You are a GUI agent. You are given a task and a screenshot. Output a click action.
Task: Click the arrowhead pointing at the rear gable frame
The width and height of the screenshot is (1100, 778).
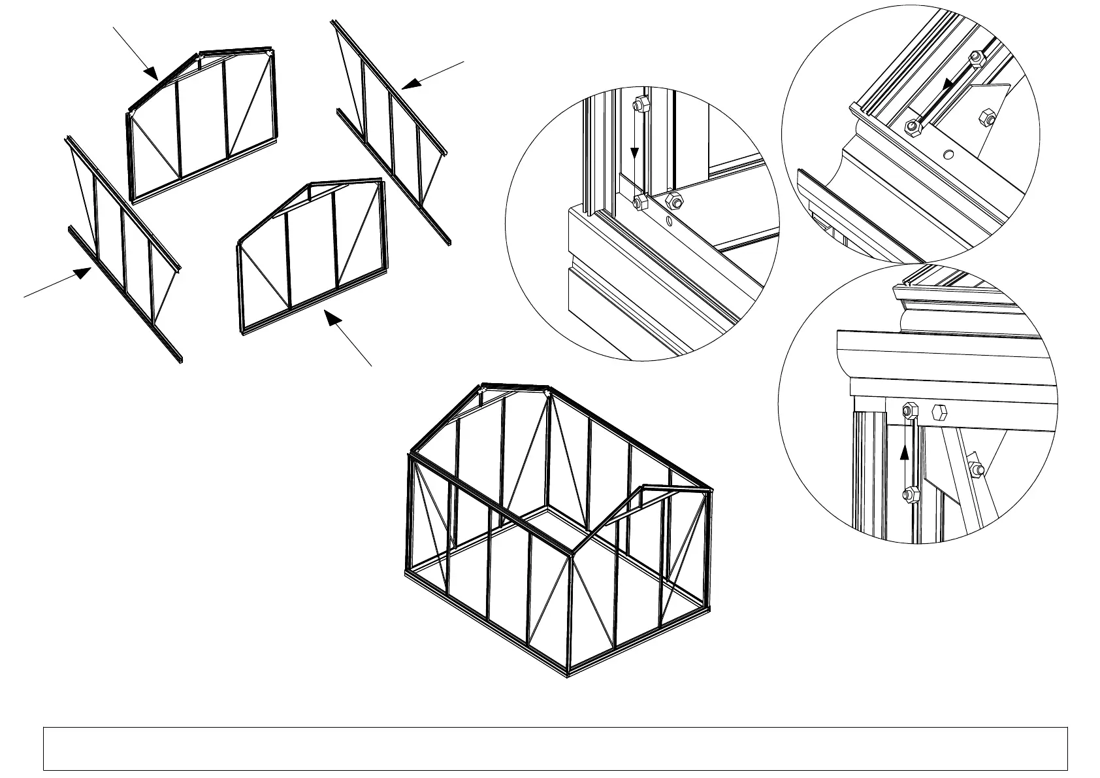coord(150,71)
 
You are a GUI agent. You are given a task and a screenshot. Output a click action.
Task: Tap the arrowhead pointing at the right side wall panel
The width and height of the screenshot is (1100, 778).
coord(409,84)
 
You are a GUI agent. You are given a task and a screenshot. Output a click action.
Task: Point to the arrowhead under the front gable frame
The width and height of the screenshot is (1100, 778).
coord(333,318)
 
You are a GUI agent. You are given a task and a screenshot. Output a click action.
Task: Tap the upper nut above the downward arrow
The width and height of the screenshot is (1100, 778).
coord(639,105)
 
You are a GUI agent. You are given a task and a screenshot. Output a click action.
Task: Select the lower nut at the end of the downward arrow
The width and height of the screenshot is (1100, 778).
coord(639,202)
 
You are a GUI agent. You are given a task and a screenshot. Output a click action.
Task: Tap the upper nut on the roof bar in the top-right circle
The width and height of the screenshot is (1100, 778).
coord(975,58)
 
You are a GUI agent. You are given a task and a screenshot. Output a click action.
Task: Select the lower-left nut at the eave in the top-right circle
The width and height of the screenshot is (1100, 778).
coord(913,126)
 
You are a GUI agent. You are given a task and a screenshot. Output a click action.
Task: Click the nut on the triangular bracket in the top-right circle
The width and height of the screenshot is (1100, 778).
coord(987,118)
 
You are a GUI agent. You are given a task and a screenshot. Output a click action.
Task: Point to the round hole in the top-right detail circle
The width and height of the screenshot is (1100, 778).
coord(948,155)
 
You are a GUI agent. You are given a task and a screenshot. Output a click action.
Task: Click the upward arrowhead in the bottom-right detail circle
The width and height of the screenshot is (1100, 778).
coord(905,451)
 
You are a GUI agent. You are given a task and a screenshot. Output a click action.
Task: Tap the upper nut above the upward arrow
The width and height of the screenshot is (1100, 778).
coord(908,411)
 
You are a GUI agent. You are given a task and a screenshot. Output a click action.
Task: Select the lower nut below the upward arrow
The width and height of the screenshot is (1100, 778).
coord(908,494)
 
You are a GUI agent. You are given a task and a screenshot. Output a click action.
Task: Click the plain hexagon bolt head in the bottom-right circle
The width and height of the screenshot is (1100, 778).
coord(939,412)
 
